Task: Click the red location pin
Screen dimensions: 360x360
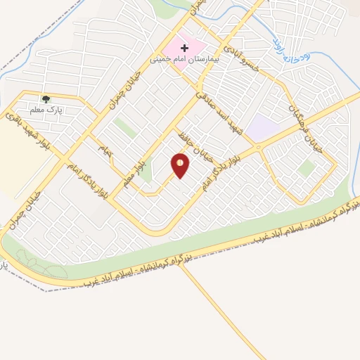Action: tap(181, 165)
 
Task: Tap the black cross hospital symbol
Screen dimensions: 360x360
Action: tap(185, 48)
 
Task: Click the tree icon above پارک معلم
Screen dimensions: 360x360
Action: tap(46, 100)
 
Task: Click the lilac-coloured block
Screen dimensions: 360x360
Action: tap(262, 127)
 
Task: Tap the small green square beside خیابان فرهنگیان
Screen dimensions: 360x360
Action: tap(306, 168)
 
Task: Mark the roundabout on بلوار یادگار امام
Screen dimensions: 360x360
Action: tap(259, 147)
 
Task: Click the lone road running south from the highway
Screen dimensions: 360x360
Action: tap(211, 309)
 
